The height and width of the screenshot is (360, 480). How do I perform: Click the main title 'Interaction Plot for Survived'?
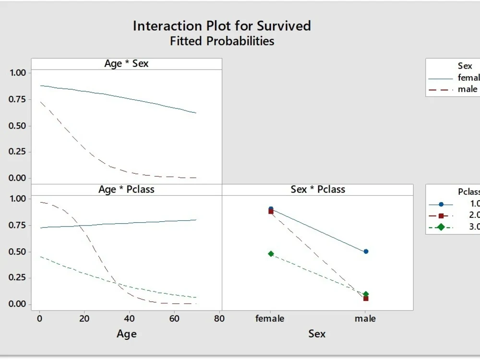[222, 25]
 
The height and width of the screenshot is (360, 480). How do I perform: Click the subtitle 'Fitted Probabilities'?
[222, 41]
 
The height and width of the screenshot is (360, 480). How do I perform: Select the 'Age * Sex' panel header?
[126, 63]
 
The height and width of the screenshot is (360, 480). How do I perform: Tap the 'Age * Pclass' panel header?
[126, 189]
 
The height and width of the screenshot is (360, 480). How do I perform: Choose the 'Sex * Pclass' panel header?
[318, 189]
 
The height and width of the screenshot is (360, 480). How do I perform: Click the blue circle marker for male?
[366, 251]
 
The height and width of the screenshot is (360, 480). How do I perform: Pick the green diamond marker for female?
[271, 253]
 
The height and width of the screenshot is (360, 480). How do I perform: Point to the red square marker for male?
[366, 299]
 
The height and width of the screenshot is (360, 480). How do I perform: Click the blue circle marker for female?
[271, 209]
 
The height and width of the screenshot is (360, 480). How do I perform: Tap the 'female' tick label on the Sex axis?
[270, 318]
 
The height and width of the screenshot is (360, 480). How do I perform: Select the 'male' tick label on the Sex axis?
[365, 318]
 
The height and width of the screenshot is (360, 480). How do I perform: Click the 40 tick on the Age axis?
[130, 318]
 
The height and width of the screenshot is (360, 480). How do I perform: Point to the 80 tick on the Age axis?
[220, 318]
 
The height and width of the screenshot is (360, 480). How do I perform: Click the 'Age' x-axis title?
[126, 334]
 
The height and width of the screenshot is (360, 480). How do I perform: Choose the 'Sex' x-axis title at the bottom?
[317, 334]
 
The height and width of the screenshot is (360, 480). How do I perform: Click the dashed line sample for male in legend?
[441, 89]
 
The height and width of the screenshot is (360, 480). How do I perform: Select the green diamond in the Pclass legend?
[441, 227]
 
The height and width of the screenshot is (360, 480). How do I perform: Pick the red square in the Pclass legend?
[441, 216]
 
